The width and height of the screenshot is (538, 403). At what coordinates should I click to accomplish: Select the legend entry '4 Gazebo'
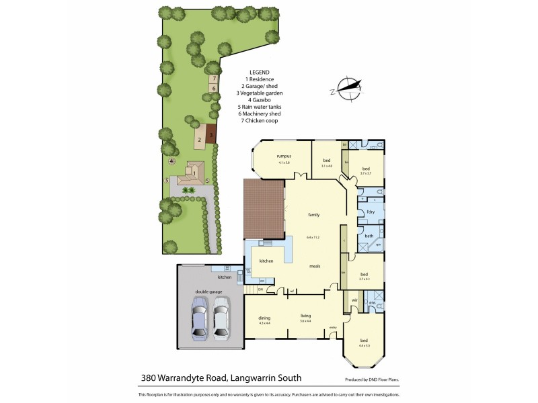[x=259, y=99]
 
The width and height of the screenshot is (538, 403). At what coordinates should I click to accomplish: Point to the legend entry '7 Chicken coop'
[x=259, y=120]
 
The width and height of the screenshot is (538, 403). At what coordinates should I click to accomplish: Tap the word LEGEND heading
[x=259, y=72]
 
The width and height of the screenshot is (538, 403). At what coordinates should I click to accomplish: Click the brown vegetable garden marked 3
[x=210, y=134]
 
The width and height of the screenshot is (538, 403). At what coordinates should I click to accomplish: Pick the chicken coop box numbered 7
[x=214, y=79]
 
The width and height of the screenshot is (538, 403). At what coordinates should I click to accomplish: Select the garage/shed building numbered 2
[x=200, y=140]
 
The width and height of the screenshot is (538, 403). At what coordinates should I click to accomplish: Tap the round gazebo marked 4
[x=172, y=161]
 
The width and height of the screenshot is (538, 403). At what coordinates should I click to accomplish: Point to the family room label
[x=313, y=215]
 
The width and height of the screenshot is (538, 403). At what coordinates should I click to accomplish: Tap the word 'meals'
[x=313, y=266]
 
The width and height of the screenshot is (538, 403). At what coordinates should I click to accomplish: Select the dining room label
[x=264, y=319]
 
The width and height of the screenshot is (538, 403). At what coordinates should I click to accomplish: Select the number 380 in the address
[x=150, y=377]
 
